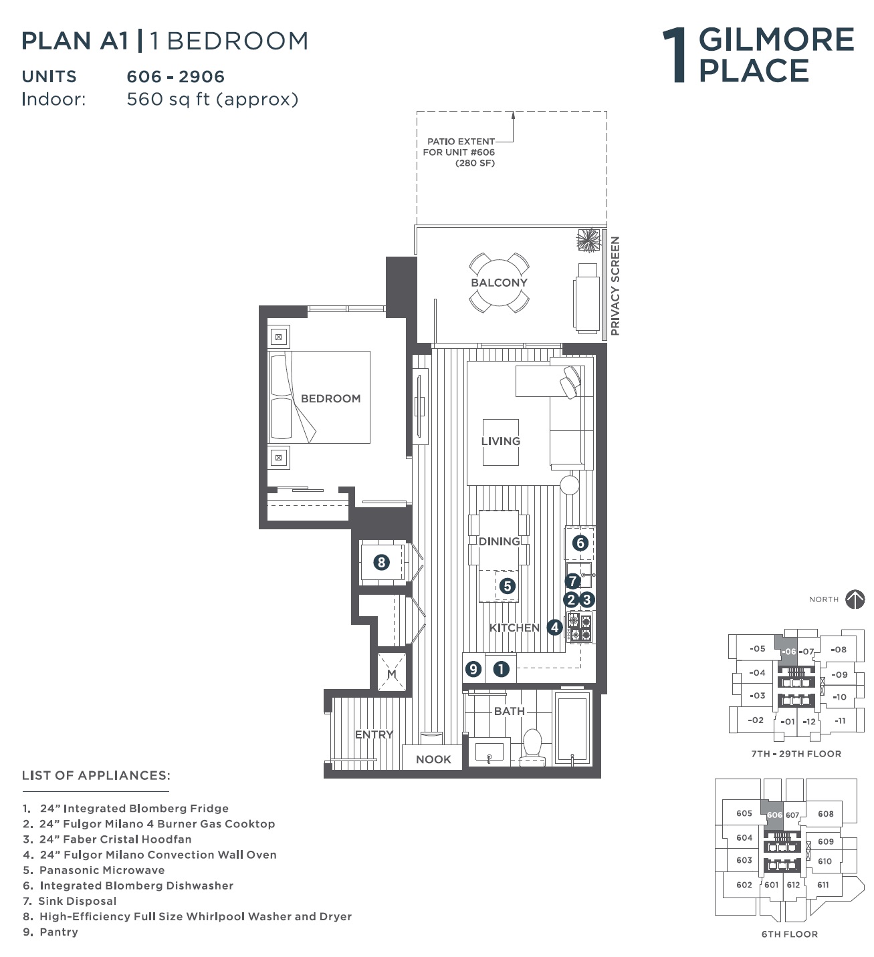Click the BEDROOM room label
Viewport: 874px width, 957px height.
(330, 398)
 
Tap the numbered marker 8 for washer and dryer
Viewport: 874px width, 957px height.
(381, 563)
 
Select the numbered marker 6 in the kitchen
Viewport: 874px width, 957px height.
(580, 543)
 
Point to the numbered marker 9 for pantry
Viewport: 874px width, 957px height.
(473, 669)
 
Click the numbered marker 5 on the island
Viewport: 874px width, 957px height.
(507, 586)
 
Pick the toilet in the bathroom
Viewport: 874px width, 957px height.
(532, 747)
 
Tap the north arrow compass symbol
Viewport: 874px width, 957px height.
(855, 599)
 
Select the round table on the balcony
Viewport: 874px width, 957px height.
(499, 283)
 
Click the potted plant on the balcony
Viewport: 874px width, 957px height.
(588, 240)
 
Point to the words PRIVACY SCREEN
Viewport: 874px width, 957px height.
(615, 286)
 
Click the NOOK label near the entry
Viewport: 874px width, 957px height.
(433, 759)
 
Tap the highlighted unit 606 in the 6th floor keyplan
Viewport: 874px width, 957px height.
(774, 815)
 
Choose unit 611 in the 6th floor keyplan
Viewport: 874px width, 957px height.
(823, 884)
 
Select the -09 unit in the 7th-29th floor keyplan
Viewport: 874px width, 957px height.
(839, 674)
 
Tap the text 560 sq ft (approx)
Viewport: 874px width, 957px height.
(213, 99)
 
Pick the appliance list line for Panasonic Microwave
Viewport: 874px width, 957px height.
(94, 870)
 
